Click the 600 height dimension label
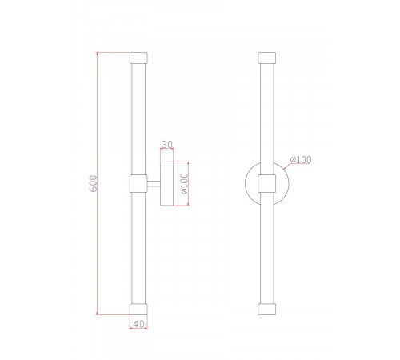click(94, 183)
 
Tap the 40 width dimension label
click(138, 324)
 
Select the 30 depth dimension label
click(167, 145)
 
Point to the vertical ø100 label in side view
click(184, 183)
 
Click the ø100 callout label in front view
click(301, 159)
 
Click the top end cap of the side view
click(138, 58)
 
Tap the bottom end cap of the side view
click(138, 309)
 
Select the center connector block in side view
click(138, 183)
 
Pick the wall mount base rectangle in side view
click(167, 183)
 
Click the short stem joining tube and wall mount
click(154, 183)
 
